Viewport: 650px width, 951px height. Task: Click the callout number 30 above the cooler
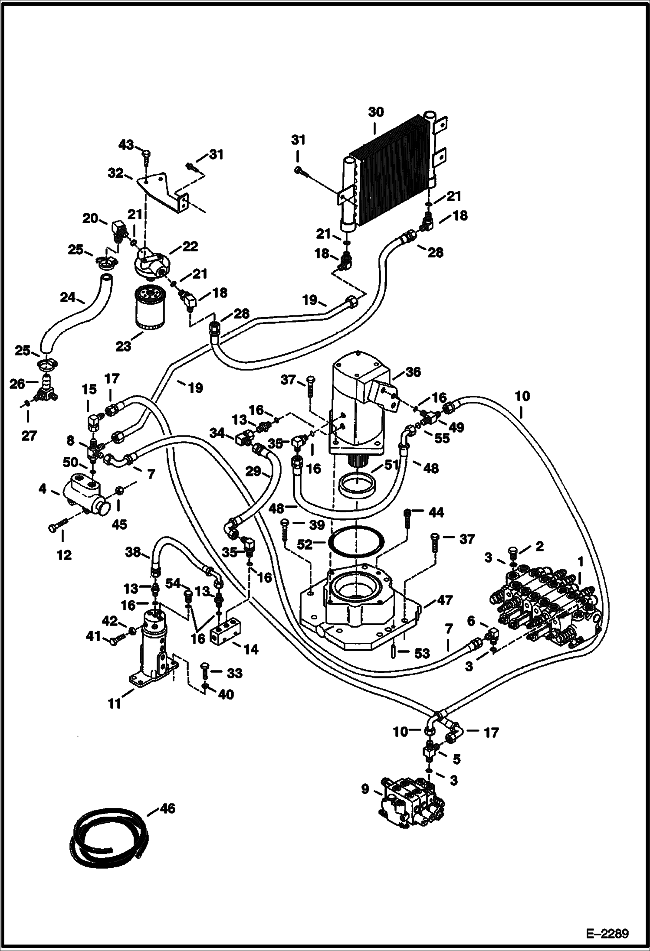[x=376, y=112]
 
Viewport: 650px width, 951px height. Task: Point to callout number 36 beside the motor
[x=412, y=371]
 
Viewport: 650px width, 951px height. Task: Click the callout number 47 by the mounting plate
[x=445, y=600]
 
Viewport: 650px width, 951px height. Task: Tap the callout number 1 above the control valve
[x=580, y=562]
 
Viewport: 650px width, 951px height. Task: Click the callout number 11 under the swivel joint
[x=114, y=703]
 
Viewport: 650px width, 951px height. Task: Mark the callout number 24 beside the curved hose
[x=67, y=297]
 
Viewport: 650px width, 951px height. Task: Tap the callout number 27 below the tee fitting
[x=29, y=435]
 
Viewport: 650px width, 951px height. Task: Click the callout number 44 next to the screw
[x=436, y=512]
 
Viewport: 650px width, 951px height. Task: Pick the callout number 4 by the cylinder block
[x=42, y=489]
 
